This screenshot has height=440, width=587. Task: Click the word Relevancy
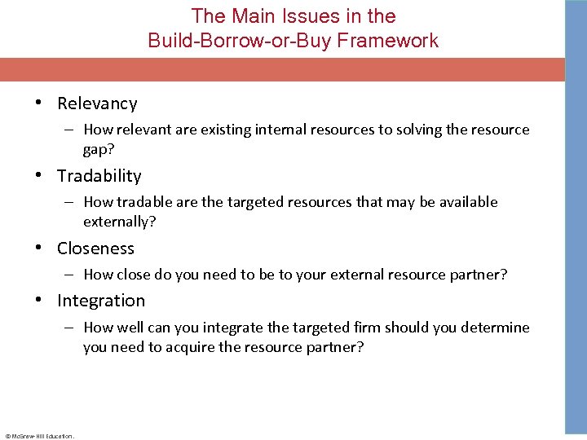[x=97, y=103]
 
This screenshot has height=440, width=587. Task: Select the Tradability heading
[x=99, y=176]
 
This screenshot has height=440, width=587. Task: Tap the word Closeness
[x=95, y=249]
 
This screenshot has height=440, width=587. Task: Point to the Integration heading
[x=100, y=301]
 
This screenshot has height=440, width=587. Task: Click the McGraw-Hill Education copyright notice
[x=39, y=436]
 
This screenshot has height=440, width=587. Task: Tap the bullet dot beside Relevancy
[x=38, y=103]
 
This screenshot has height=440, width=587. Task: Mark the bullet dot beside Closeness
[x=38, y=249]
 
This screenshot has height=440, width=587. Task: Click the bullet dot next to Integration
[x=38, y=301]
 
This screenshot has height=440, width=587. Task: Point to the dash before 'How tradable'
[x=71, y=202]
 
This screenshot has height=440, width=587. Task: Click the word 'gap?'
[x=98, y=150]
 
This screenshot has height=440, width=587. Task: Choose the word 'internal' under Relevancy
[x=278, y=130]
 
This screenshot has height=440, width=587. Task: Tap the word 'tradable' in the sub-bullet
[x=143, y=202]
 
